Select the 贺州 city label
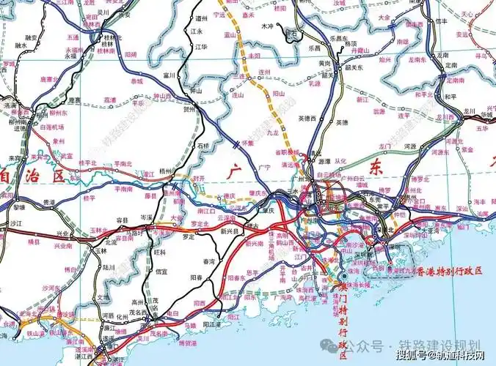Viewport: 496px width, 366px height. tap(189, 108)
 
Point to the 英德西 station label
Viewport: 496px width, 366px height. tap(305, 118)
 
